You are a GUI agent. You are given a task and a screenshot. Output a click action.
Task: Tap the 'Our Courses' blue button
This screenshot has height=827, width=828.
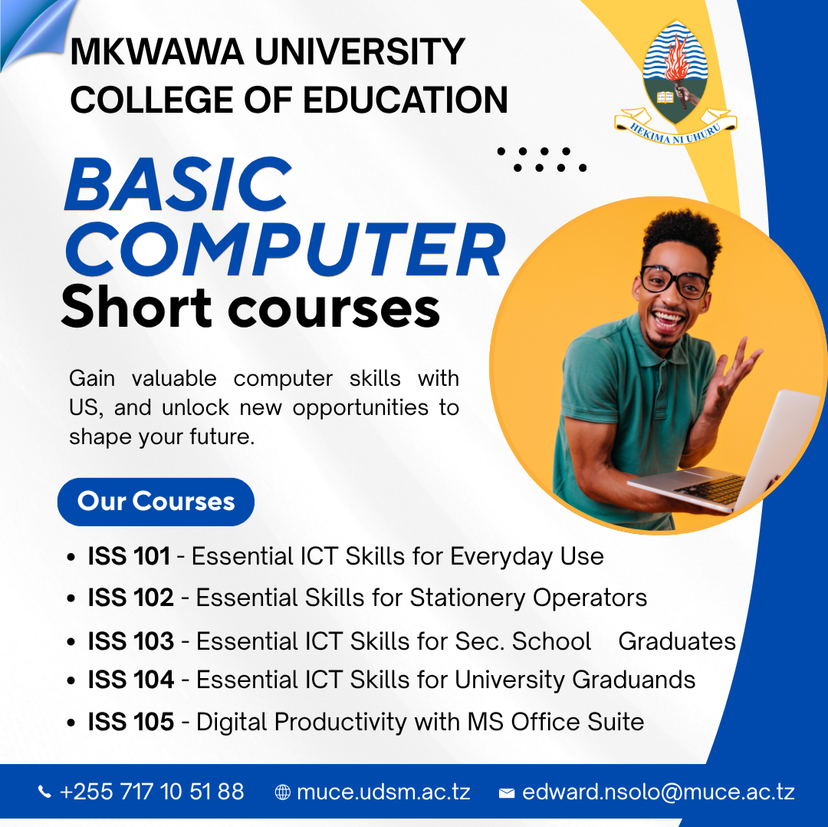click(156, 502)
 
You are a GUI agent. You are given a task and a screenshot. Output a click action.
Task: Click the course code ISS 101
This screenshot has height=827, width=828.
click(129, 556)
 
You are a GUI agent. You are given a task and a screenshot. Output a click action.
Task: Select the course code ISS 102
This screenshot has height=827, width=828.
click(131, 598)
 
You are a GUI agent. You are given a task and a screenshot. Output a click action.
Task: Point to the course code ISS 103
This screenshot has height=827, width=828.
click(131, 641)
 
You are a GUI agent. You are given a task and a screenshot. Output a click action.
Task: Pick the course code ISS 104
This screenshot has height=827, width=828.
click(131, 680)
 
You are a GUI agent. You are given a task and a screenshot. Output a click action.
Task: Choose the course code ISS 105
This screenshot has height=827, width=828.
click(131, 722)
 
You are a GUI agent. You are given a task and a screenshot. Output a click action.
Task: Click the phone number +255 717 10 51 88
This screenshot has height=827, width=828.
click(152, 792)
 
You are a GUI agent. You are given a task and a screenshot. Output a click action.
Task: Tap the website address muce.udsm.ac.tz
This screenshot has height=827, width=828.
click(383, 792)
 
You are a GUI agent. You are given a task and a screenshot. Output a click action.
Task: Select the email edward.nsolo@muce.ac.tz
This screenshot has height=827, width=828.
click(658, 792)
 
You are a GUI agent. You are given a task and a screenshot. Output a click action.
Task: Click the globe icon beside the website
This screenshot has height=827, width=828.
click(283, 792)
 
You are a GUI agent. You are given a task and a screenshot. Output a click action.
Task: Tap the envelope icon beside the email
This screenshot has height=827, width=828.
click(506, 793)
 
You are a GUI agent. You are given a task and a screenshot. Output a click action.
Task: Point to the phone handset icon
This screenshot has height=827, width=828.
click(45, 792)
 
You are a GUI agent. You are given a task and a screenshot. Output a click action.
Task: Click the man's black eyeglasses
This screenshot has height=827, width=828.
click(675, 282)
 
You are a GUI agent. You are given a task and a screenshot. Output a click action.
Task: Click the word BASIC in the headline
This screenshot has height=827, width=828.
click(178, 186)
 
